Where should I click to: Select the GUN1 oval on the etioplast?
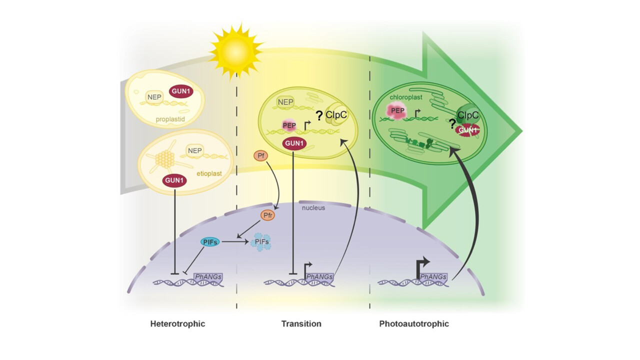click(x=174, y=180)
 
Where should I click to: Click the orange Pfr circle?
click(x=267, y=215)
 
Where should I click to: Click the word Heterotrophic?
click(x=177, y=323)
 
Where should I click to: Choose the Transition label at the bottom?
click(x=301, y=323)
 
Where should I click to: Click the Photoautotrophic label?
click(x=414, y=323)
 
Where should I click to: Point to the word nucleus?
click(x=314, y=206)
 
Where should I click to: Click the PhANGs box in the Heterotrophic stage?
click(x=209, y=276)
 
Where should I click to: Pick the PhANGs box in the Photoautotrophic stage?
click(x=433, y=276)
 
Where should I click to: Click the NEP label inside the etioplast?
click(x=194, y=150)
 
